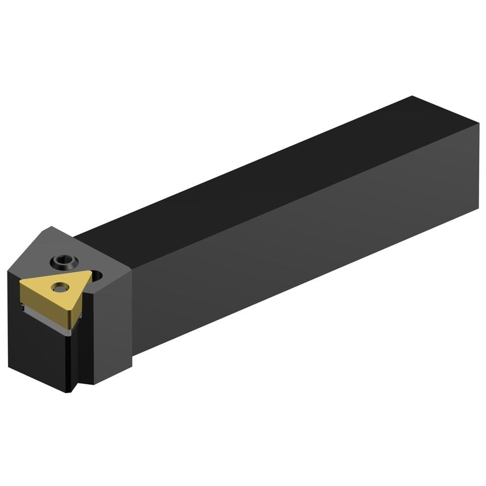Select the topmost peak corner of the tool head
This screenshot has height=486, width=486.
pos(51,227)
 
